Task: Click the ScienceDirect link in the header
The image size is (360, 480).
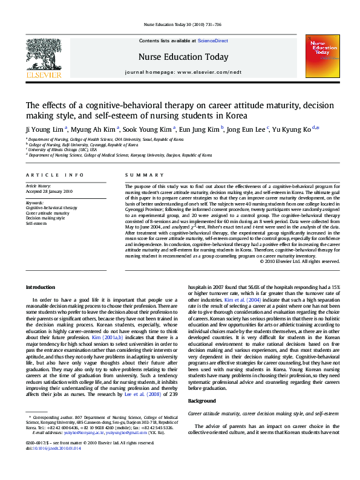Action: point(212,41)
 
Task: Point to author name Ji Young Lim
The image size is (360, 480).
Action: point(45,129)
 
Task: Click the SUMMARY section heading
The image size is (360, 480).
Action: point(137,175)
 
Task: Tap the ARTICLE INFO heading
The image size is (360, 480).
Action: point(46,175)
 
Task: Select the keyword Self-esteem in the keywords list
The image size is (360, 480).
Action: point(36,224)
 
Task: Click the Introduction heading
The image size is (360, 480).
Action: point(41,286)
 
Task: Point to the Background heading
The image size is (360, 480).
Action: point(201,401)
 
